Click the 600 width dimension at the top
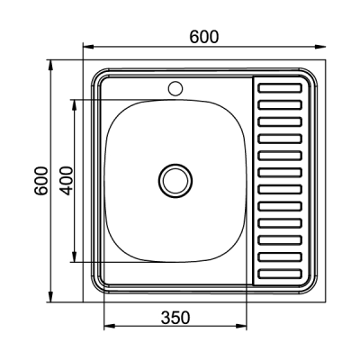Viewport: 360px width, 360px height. (x=204, y=37)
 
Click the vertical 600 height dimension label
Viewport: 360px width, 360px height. (x=40, y=181)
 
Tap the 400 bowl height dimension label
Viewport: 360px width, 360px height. (x=66, y=181)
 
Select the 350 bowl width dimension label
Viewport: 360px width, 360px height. (x=175, y=318)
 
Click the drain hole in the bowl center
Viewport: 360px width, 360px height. (x=175, y=181)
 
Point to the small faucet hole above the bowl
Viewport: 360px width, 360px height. (x=175, y=88)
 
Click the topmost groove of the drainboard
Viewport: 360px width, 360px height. (x=280, y=88)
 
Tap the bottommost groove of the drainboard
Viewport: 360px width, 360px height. (x=280, y=274)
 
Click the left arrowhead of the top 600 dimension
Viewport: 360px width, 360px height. (x=88, y=47)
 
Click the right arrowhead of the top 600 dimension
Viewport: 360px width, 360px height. (x=319, y=47)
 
